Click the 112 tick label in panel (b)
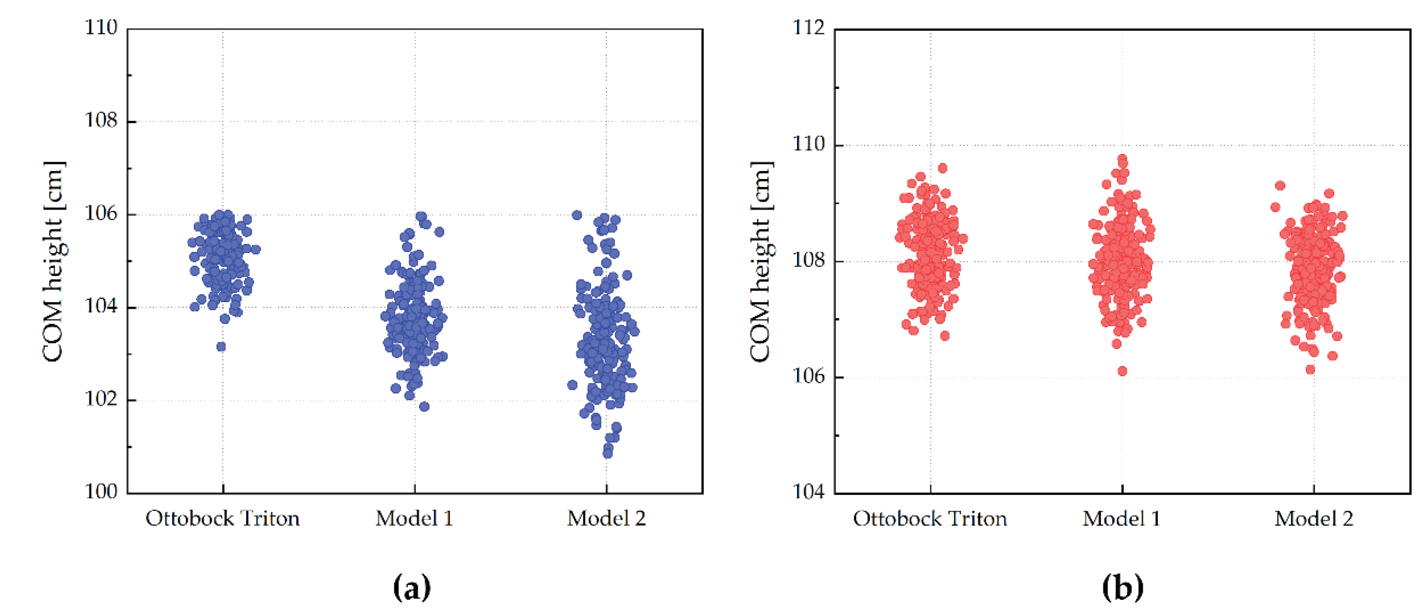[808, 27]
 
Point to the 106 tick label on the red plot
[808, 376]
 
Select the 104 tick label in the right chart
[808, 492]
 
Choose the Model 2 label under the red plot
[1313, 519]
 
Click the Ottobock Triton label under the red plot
[929, 519]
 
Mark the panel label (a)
[412, 588]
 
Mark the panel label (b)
[1122, 588]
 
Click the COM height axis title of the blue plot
[54, 262]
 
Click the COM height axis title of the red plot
[761, 262]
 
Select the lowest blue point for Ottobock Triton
[221, 347]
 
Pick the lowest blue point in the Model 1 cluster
[424, 407]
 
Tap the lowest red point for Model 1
[1122, 371]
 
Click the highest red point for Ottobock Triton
[943, 168]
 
